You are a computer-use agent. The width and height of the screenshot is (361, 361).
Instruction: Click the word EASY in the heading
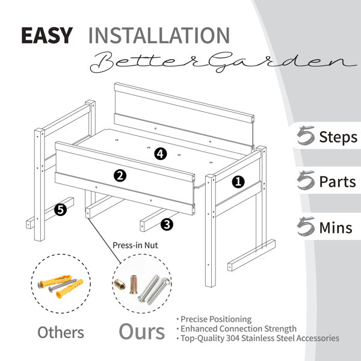[x=47, y=35]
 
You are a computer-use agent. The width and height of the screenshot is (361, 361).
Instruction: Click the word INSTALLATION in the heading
[x=159, y=35]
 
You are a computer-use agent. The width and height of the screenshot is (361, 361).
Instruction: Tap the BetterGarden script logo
[x=223, y=62]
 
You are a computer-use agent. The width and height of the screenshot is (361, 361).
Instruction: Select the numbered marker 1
[x=238, y=182]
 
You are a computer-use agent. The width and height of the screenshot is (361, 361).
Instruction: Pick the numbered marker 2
[x=120, y=176]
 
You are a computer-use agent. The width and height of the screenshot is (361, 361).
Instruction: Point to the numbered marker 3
[x=167, y=224]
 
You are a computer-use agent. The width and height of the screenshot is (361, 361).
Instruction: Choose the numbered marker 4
[x=161, y=154]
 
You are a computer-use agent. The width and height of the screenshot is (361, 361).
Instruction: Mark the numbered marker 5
[x=60, y=210]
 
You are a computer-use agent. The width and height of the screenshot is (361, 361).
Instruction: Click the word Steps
[x=338, y=137]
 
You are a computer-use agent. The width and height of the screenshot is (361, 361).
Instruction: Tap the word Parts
[x=338, y=182]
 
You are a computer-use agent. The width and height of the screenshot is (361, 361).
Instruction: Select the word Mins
[x=336, y=227]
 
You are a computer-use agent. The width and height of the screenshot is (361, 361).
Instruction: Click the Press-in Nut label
[x=135, y=245]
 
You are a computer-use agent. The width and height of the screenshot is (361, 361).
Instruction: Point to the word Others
[x=61, y=333]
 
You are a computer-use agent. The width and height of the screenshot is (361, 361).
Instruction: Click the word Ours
[x=142, y=332]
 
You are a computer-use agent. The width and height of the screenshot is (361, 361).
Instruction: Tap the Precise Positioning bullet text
[x=216, y=319]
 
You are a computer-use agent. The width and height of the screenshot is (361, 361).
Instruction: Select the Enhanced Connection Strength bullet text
[x=238, y=329]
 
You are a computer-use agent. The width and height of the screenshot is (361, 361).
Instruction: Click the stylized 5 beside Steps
[x=306, y=135]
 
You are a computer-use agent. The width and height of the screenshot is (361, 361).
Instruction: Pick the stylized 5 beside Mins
[x=306, y=226]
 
